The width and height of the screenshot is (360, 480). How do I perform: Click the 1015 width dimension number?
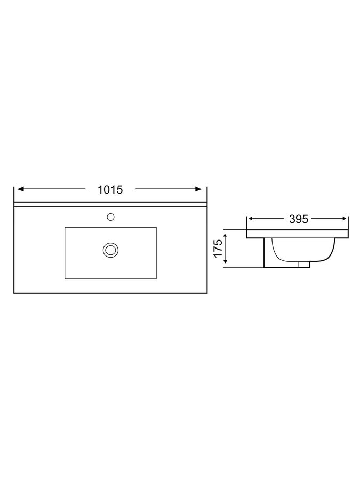coord(110,190)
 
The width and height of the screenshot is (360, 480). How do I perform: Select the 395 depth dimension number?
coord(299,219)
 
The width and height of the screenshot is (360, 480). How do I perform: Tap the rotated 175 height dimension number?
coord(218,248)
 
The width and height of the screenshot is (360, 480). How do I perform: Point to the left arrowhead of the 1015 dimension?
coord(20,189)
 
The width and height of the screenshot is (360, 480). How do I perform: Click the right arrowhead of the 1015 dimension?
coord(199,189)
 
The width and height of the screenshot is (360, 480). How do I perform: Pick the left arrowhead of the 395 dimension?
coord(251,218)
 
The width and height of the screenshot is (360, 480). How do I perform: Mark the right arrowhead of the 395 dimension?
coord(344,218)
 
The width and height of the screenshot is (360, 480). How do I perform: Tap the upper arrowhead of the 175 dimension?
coord(226,236)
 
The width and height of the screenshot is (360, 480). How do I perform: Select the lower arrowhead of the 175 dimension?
coord(226,261)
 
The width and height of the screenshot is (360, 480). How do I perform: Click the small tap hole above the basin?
coord(110,217)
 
